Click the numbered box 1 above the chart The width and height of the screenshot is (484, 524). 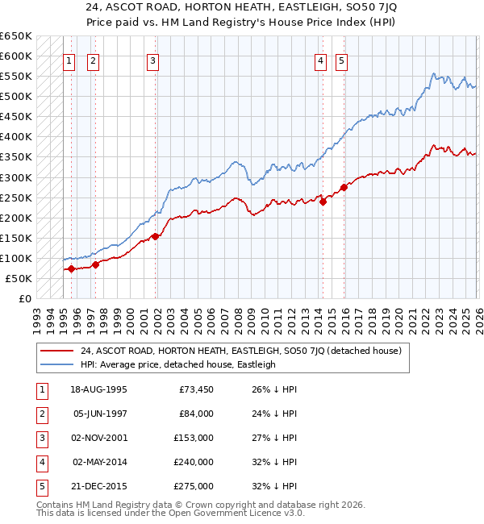pyautogui.click(x=69, y=60)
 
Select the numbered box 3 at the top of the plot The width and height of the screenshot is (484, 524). pyautogui.click(x=152, y=60)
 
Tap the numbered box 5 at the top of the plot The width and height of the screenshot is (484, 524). pyautogui.click(x=342, y=60)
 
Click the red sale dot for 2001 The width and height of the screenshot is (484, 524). pyautogui.click(x=155, y=236)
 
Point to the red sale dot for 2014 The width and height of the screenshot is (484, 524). pyautogui.click(x=323, y=202)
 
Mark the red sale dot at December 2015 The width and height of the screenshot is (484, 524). pyautogui.click(x=344, y=187)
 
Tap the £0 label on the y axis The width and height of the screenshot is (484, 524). pyautogui.click(x=24, y=298)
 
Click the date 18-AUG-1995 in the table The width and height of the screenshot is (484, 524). pyautogui.click(x=98, y=389)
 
